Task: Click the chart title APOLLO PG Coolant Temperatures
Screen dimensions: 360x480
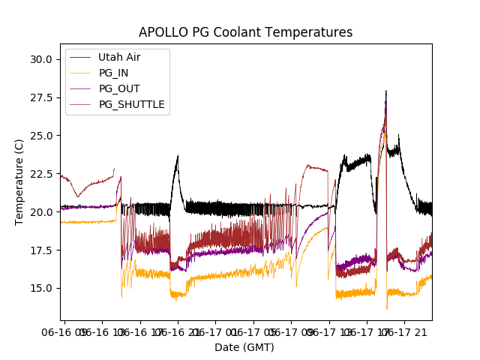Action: [245, 32]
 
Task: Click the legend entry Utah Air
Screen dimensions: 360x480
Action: [119, 57]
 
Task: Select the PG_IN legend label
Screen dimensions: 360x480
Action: [114, 73]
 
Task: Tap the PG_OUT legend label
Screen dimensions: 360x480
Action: [118, 88]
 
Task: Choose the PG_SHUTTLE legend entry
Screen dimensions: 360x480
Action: [131, 104]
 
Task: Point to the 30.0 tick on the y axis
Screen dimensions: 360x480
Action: [40, 59]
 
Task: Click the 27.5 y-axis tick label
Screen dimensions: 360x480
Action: [40, 97]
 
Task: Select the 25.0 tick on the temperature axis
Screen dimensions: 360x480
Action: [40, 136]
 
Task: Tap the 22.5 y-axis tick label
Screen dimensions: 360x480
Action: [40, 174]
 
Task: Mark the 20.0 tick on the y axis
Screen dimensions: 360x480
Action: [40, 212]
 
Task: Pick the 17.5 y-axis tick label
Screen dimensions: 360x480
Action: [40, 250]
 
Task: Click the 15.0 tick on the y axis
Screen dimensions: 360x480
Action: [40, 289]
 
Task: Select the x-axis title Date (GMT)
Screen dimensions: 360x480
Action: [244, 347]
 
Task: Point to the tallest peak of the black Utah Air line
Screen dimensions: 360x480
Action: [386, 91]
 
